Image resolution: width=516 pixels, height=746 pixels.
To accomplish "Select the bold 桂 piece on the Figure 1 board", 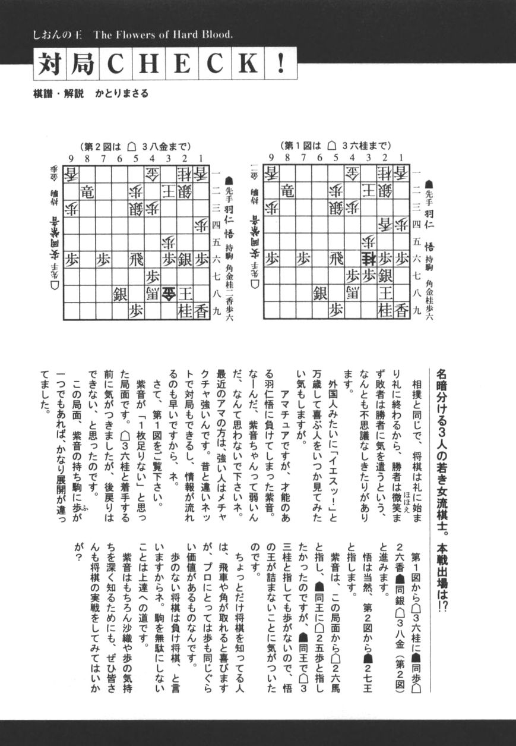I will [x=369, y=259].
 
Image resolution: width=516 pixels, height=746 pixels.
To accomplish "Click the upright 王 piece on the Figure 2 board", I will [x=186, y=292].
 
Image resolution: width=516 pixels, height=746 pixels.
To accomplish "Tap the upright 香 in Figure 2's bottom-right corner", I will [x=202, y=309].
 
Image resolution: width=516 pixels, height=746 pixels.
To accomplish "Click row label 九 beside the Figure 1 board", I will [x=417, y=310].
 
